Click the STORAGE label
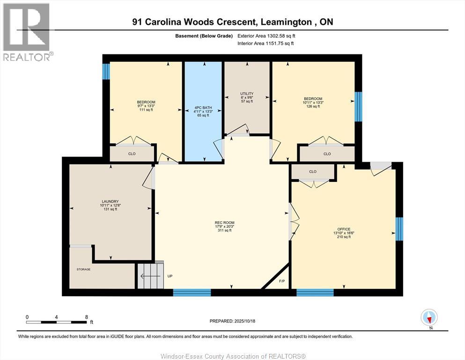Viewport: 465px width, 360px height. [84, 270]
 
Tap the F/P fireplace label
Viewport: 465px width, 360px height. [282, 281]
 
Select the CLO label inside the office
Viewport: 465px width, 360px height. [313, 172]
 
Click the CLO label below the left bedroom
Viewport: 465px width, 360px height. [132, 154]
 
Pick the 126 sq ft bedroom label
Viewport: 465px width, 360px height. [313, 102]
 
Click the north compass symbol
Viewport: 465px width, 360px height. [429, 318]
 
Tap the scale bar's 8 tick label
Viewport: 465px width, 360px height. [86, 317]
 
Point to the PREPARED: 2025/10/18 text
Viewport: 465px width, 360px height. [232, 321]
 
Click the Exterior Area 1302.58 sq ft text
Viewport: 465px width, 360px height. [266, 36]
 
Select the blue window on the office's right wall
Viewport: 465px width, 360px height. [399, 229]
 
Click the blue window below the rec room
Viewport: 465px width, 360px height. [192, 292]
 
